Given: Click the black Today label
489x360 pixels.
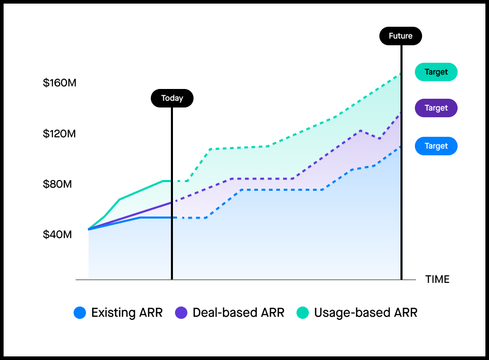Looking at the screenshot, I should (172, 98).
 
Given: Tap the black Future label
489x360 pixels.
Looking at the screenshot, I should (400, 36).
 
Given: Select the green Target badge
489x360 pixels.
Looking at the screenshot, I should (436, 72).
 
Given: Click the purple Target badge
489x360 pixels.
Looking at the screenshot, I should (436, 108).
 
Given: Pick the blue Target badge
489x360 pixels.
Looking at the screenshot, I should (436, 146).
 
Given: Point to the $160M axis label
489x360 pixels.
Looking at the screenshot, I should (60, 83).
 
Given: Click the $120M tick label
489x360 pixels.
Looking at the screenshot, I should (60, 134).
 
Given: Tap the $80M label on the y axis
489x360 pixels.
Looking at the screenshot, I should (57, 184).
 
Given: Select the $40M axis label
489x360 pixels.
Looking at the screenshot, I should (57, 235).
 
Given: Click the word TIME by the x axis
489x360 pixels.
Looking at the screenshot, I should (437, 279).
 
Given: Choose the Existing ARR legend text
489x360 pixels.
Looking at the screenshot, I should (127, 312).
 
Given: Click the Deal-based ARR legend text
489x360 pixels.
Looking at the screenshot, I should (238, 312).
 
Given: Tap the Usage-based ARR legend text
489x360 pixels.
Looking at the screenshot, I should (365, 312).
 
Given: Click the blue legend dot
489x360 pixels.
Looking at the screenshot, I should (80, 312).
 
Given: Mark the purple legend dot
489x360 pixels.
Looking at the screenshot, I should (181, 312).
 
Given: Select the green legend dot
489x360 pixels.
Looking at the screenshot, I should (303, 312).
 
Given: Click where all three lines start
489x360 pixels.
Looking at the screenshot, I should (89, 229).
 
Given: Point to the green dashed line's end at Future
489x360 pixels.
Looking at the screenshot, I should (400, 74).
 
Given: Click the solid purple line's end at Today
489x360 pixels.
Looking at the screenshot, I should (171, 203).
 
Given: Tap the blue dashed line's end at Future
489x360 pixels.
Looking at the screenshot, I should (400, 147).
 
